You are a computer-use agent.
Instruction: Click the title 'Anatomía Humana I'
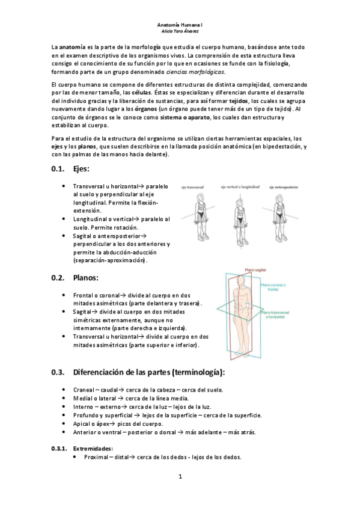click(x=180, y=25)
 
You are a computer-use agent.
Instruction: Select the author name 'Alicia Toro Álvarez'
click(x=180, y=31)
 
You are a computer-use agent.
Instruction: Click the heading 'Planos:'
click(x=86, y=278)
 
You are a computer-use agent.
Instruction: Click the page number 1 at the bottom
click(x=180, y=477)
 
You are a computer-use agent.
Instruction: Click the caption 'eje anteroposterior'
click(x=286, y=187)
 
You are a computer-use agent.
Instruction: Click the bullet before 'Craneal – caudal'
click(x=64, y=390)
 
